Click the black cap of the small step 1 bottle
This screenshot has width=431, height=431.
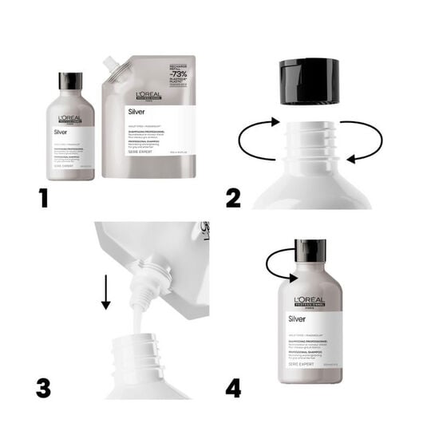coord(70,82)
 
